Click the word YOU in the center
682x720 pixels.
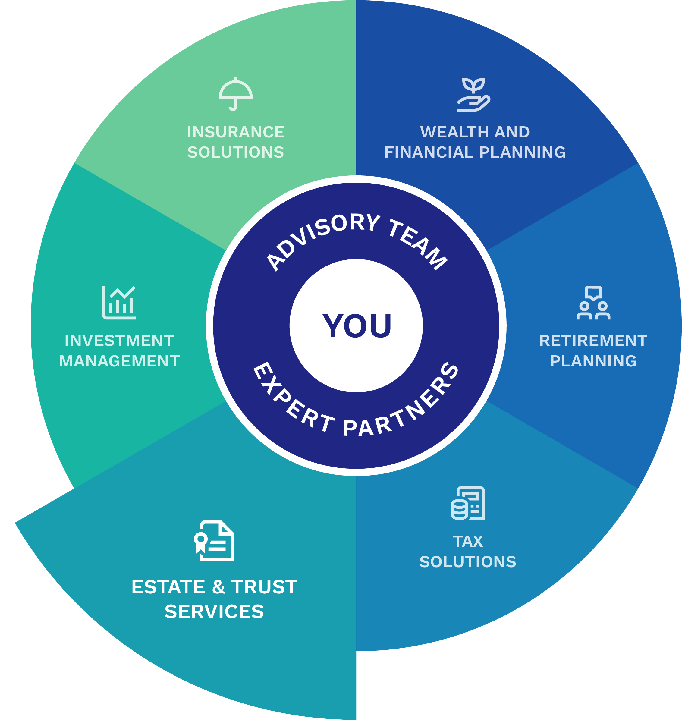357,326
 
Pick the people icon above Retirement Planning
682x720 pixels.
593,303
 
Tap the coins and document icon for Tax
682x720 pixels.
468,503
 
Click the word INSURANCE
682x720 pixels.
236,132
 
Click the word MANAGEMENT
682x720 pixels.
119,361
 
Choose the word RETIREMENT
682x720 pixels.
593,341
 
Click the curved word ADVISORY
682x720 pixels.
320,236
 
